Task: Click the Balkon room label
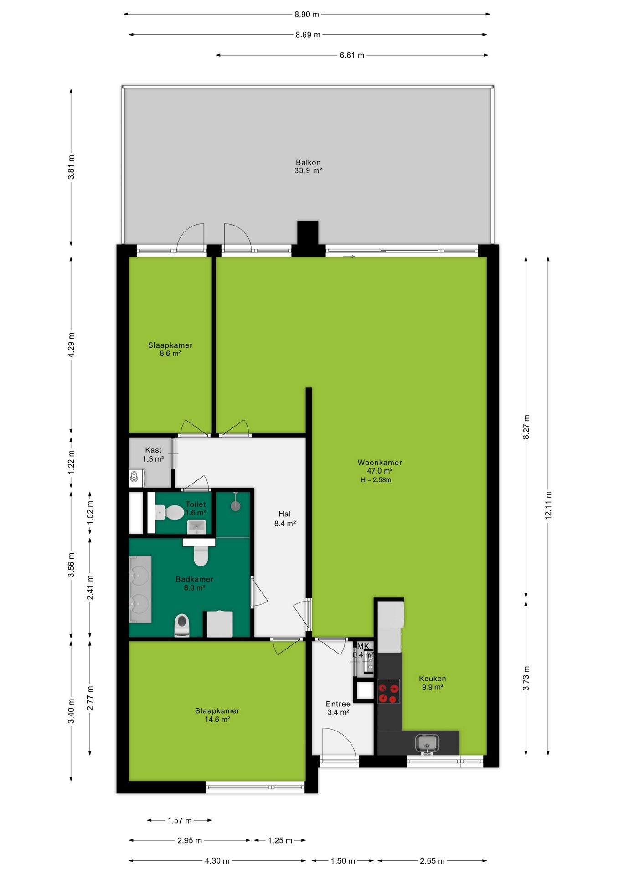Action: [308, 162]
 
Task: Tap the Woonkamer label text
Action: [380, 463]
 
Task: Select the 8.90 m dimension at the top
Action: [307, 14]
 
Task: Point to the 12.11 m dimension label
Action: [548, 505]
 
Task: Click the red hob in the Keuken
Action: [389, 691]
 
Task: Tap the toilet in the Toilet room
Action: [169, 512]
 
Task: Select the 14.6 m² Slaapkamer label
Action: [217, 715]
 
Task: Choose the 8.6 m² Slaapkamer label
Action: [170, 350]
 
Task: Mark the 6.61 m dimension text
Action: [352, 55]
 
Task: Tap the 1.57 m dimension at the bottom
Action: [180, 820]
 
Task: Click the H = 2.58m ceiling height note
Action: [376, 480]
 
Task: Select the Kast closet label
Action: [153, 450]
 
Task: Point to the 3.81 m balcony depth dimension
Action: [71, 167]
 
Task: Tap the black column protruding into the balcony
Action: [308, 233]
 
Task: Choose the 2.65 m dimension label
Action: [432, 861]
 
